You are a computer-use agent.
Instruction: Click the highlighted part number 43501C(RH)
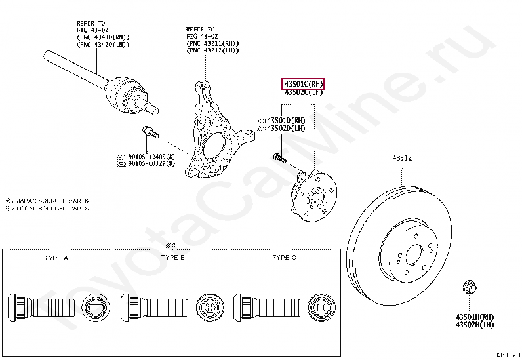(303, 84)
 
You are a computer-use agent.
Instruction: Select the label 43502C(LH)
(303, 93)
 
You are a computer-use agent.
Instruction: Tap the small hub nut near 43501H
(468, 287)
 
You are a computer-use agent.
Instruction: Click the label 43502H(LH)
(475, 325)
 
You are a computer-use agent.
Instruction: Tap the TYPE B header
(172, 258)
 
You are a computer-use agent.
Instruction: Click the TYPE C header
(284, 258)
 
